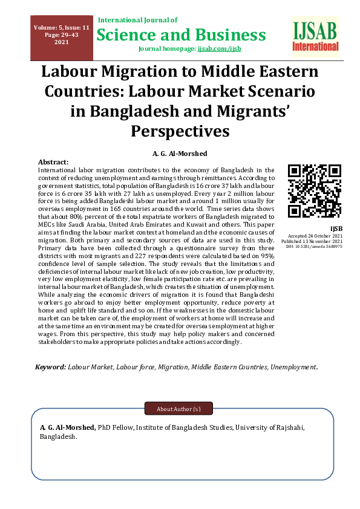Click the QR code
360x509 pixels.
(x=313, y=191)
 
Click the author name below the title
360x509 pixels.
(x=180, y=152)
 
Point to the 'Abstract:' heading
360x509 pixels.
(x=53, y=163)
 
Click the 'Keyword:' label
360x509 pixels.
(x=50, y=367)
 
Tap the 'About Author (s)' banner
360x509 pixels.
(x=178, y=409)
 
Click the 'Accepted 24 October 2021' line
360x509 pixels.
(x=316, y=235)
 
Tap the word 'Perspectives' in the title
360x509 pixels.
(x=180, y=131)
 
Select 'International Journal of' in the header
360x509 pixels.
(x=137, y=21)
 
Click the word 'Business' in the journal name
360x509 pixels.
(x=229, y=34)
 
